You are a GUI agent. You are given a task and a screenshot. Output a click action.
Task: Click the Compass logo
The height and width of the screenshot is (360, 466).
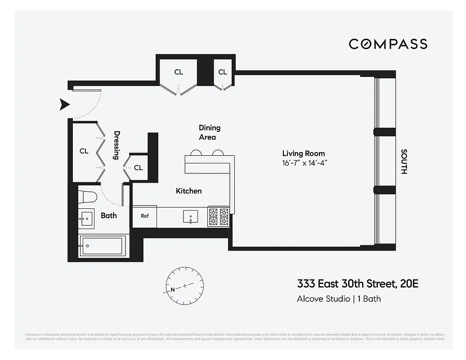[388, 44]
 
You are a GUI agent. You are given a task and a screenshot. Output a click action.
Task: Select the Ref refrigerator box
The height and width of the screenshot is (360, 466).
[144, 216]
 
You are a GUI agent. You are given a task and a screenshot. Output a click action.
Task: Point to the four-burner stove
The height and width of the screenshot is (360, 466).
[218, 216]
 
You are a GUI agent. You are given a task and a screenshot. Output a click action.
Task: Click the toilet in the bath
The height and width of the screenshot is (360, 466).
[87, 197]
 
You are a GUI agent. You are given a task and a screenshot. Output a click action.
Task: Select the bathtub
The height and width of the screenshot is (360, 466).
[101, 246]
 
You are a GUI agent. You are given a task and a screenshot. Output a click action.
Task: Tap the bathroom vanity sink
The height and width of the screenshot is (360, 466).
[86, 218]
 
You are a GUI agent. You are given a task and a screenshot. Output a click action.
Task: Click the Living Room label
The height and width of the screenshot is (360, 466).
[303, 153]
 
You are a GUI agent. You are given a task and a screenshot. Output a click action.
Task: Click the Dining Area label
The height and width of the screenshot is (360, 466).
[209, 132]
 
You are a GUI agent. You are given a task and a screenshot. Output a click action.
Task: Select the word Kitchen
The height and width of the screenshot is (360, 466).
[188, 191]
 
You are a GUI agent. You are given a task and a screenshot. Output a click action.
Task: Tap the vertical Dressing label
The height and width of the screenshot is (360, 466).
[117, 145]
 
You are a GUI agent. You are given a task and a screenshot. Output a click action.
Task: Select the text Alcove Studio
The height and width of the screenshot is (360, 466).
[323, 298]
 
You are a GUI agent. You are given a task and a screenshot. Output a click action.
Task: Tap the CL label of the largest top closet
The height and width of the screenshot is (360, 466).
[179, 72]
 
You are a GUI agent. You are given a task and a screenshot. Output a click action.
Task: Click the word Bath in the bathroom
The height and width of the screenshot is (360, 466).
[108, 216]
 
